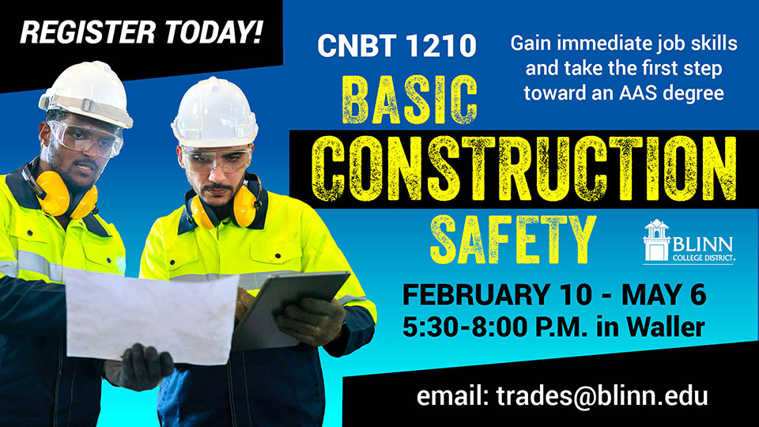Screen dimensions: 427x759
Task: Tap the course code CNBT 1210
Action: point(397,46)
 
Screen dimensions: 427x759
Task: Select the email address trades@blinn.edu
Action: point(562,395)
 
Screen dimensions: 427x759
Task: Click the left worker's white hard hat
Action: point(86,93)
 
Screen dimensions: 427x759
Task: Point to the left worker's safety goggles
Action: point(84,139)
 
